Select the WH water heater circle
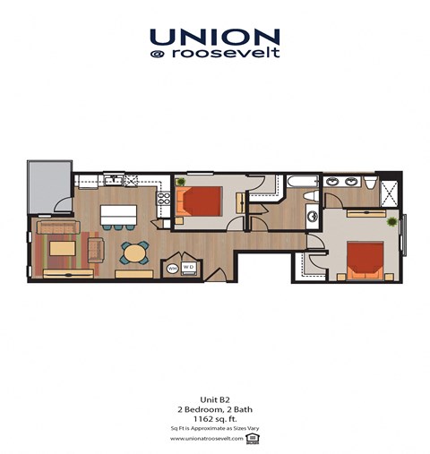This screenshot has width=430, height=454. pyautogui.click(x=173, y=268)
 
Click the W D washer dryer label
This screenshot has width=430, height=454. pyautogui.click(x=189, y=267)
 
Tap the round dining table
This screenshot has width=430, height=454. pyautogui.click(x=134, y=253)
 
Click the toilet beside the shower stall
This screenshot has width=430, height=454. pyautogui.click(x=370, y=184)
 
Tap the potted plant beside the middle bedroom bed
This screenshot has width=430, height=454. pyautogui.click(x=181, y=184)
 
